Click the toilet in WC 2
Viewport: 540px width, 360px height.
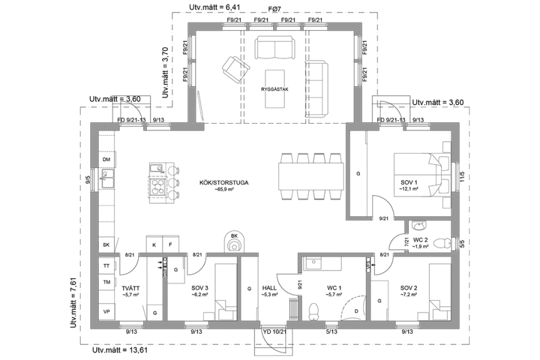(442, 241)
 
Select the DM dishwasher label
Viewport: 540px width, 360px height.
(106, 160)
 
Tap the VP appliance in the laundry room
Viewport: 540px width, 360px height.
(107, 311)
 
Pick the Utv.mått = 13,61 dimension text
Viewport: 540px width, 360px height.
(120, 351)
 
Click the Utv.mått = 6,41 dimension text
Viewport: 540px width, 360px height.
(214, 7)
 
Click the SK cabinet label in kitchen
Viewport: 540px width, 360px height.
(106, 245)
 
